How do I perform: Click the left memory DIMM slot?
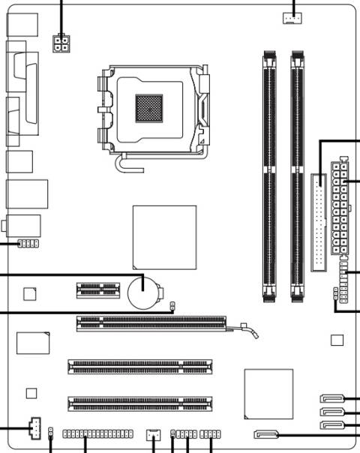click(x=269, y=176)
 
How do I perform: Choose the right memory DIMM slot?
click(x=298, y=176)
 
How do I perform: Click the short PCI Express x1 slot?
click(x=97, y=289)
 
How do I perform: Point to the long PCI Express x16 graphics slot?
click(x=151, y=323)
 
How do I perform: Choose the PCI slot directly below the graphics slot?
click(x=139, y=367)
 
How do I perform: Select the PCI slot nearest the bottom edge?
click(x=139, y=403)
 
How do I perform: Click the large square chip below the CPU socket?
click(x=164, y=237)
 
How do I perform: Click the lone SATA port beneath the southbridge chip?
click(x=266, y=433)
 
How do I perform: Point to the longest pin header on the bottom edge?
click(x=97, y=434)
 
